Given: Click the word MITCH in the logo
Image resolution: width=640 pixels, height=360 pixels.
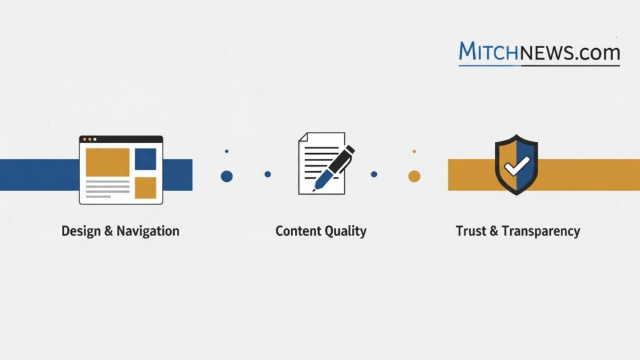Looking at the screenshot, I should coord(488,52).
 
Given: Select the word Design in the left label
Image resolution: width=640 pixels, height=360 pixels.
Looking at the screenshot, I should coord(80,231).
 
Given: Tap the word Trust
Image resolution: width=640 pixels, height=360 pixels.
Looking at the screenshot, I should coord(471,231).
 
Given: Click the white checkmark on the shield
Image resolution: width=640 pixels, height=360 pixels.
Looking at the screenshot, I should coord(516,167).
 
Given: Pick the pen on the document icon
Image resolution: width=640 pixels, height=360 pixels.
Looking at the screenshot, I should coord(334,167).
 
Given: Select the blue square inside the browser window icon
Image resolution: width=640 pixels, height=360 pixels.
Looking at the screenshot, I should coord(146,159).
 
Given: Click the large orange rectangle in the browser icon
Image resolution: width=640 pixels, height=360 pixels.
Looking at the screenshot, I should coord(107,162).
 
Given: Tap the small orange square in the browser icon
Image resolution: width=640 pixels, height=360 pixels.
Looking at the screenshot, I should coord(146,187).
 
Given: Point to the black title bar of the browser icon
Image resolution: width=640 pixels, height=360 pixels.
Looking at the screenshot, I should coord(121,139).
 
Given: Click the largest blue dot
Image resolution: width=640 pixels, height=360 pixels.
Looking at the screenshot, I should coord(227,176).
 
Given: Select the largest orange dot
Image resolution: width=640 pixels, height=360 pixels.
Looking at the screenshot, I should coord(414,176).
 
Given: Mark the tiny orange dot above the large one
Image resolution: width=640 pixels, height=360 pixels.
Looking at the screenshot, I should coord(414,151).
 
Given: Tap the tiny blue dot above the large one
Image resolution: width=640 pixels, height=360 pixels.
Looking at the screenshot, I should coord(226,151).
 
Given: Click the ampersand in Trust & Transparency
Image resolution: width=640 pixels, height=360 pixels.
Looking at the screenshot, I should coord(492,231).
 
